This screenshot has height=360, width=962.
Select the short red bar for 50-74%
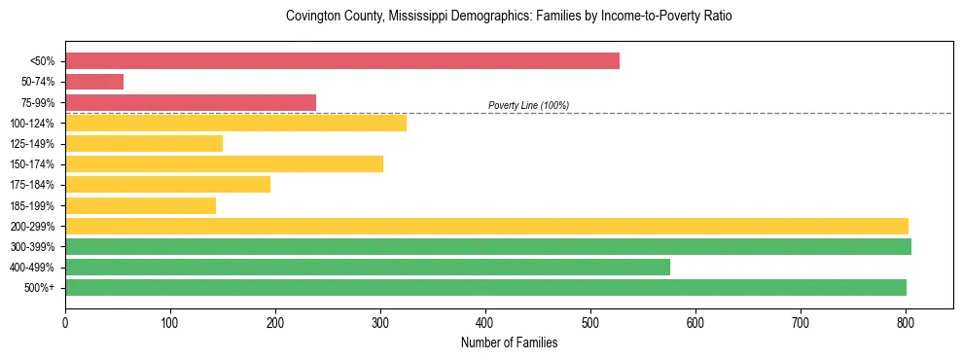(x=94, y=82)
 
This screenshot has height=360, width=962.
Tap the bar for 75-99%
(x=191, y=102)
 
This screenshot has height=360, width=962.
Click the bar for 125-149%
(x=144, y=144)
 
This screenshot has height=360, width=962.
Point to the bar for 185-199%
(x=140, y=205)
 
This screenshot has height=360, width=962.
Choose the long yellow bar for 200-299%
(x=486, y=226)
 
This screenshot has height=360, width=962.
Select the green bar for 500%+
(x=485, y=287)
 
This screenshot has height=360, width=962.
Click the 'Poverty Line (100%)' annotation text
(x=528, y=105)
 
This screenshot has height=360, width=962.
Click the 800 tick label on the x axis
(x=906, y=321)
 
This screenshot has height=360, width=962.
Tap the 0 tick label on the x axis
(x=65, y=321)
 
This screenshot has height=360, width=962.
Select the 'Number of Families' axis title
(x=509, y=342)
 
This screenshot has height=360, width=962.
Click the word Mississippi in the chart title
(x=412, y=17)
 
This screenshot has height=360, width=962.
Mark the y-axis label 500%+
(x=40, y=288)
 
